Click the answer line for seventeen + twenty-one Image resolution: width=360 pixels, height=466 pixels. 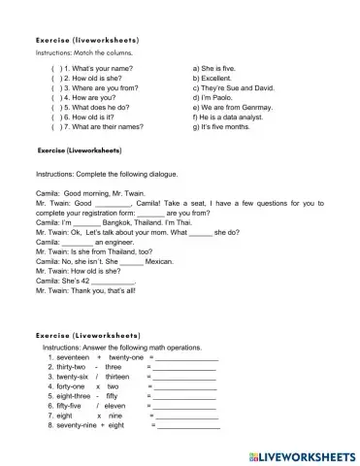tap(185, 357)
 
